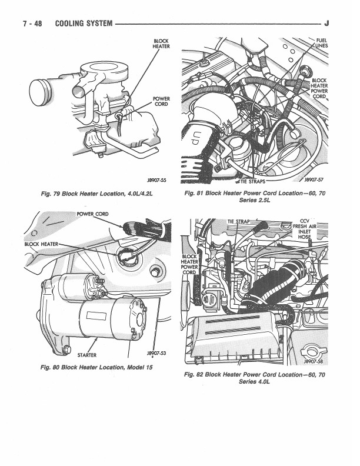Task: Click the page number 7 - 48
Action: [x=32, y=24]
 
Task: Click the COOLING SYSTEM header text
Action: [x=84, y=24]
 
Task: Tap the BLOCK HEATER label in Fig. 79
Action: [x=161, y=44]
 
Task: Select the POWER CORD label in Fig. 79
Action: [x=161, y=101]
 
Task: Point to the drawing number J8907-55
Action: [x=156, y=180]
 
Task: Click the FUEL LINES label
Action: [x=322, y=43]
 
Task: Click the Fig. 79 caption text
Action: [x=97, y=194]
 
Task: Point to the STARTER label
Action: [x=86, y=355]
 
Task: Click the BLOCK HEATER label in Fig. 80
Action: [x=41, y=244]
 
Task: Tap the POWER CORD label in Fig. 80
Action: [x=92, y=214]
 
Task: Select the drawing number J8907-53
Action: [x=156, y=353]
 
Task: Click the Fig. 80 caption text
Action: [x=96, y=367]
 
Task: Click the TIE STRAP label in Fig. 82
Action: [x=238, y=221]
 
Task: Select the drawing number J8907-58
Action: [x=314, y=361]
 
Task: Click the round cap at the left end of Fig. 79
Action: [x=39, y=92]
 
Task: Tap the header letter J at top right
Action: [x=326, y=23]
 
